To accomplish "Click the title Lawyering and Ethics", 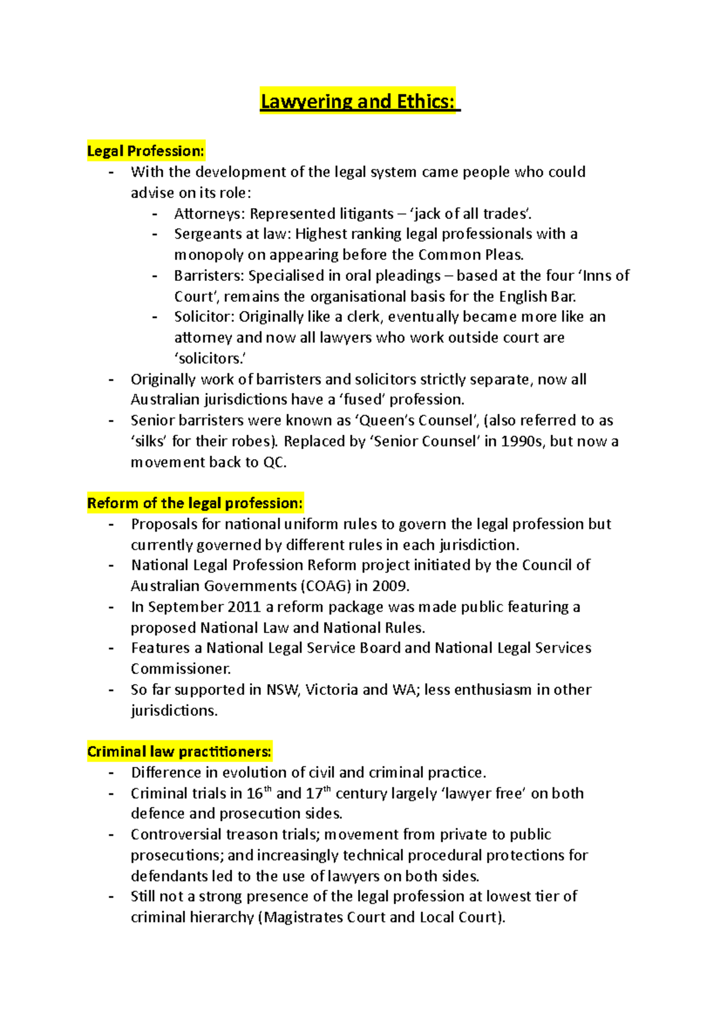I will [x=359, y=101].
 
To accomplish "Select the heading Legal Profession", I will [x=146, y=151].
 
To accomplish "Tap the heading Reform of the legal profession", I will [x=195, y=503].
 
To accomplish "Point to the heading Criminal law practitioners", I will [x=179, y=751].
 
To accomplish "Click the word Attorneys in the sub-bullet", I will [x=209, y=214].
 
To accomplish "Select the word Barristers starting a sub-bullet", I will [x=209, y=276].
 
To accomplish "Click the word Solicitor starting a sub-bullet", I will [x=204, y=317].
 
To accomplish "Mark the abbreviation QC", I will [x=274, y=463].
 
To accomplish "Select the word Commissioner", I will [x=181, y=669].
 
